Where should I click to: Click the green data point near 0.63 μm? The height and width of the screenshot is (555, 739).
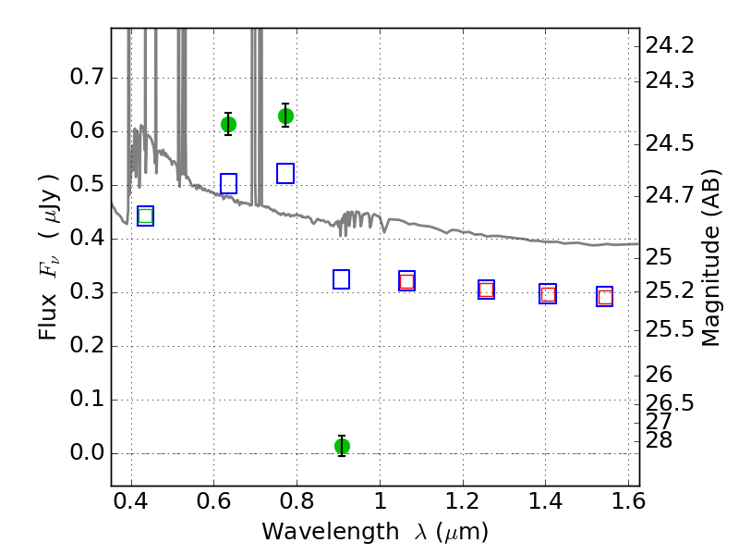coord(228,125)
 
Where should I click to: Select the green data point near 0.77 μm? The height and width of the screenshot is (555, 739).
coord(285,116)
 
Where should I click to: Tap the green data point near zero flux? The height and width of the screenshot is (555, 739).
coord(342,446)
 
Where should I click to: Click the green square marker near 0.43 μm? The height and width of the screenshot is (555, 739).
coord(146,216)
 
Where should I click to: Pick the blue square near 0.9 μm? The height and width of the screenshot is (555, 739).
coord(341,279)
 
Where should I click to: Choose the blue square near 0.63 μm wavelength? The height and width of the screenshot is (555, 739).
coord(228,183)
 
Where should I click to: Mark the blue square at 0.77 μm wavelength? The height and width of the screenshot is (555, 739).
coord(285,174)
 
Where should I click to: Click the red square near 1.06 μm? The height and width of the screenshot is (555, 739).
coord(406,282)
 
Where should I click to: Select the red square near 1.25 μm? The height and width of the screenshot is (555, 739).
coord(487,290)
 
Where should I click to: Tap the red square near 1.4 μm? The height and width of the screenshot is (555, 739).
coord(548,294)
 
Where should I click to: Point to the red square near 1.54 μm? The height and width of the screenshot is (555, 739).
coord(605,297)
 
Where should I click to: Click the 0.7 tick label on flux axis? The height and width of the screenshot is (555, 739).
coord(87,77)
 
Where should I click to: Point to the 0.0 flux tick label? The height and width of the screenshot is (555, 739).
coord(87,452)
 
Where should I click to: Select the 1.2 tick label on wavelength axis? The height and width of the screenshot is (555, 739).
coord(463,500)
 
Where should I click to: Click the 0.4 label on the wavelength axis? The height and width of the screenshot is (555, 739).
coord(130,500)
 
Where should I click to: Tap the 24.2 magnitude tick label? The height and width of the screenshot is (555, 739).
coord(670,45)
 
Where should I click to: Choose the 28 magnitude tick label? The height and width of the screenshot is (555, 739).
coord(659,440)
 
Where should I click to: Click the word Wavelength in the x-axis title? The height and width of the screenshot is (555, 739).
coord(331,532)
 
